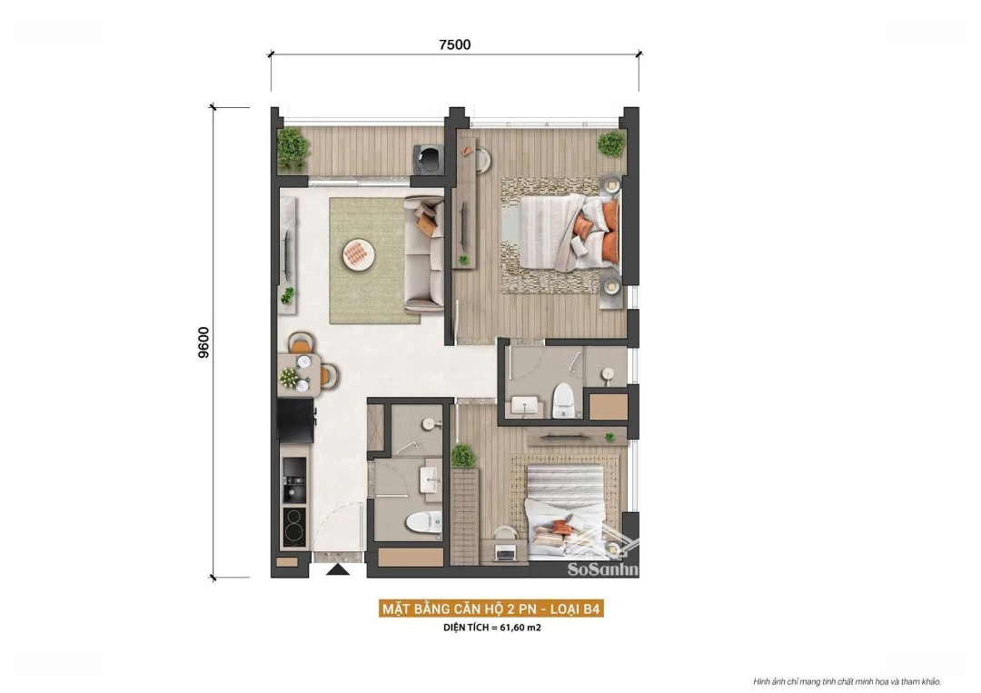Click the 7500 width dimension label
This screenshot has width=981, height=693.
coord(455,45)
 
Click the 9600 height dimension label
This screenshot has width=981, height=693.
coord(204,342)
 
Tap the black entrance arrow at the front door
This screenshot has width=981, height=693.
coord(338,569)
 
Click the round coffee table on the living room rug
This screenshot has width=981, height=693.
coord(359,254)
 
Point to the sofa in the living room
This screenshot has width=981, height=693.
coord(423,253)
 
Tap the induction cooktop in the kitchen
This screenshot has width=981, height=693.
coord(294,526)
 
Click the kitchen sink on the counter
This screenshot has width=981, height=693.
coord(294,480)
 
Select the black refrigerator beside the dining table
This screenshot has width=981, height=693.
coord(296,421)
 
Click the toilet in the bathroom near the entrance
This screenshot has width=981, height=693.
coord(422,522)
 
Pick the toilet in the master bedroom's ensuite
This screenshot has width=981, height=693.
coord(563,401)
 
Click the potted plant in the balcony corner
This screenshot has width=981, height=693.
coord(292,148)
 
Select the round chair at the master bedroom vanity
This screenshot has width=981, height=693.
coord(481,160)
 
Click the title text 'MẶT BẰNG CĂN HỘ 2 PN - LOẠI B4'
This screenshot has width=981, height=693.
coord(491,609)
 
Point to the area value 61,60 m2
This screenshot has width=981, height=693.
coord(520,628)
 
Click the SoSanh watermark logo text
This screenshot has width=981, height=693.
coord(602,569)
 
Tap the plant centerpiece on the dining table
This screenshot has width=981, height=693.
coord(289,377)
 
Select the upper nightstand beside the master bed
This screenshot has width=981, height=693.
coord(612,185)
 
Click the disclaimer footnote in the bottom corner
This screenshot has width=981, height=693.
coord(847,682)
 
